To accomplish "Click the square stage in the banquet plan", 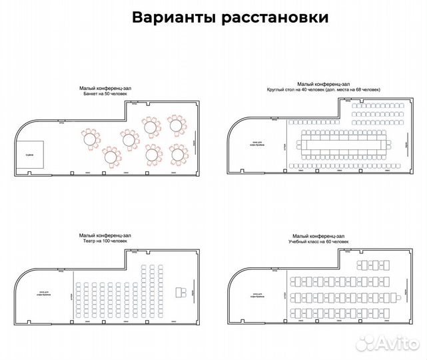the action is coord(30,154).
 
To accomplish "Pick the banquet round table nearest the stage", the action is coord(89,137).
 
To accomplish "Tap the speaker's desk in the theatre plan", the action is coord(179,292).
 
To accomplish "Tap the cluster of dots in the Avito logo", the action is coord(366,343).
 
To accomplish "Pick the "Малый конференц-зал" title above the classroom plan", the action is coord(319,235).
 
